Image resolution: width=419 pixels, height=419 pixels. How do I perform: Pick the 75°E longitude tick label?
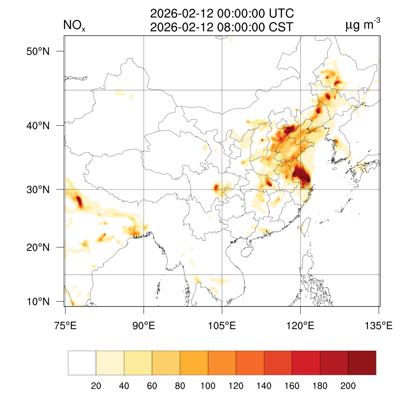coord(65,326)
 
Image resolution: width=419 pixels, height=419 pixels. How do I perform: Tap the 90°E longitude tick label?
coord(144,326)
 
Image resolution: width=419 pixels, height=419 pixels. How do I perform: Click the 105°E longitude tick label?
coord(222,326)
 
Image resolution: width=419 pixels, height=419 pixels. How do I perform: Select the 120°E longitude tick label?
coord(300,326)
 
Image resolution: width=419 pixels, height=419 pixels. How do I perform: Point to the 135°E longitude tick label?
coord(378,326)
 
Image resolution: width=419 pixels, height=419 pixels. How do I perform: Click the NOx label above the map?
coord(74,26)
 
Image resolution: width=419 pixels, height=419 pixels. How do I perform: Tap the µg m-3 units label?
coord(363,25)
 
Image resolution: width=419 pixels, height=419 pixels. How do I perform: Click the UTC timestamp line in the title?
coord(222,14)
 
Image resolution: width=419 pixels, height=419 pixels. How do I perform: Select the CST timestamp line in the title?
coord(222,27)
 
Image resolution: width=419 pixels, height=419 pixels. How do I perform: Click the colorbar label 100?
coord(208,386)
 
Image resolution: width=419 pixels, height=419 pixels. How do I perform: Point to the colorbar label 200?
coord(348,386)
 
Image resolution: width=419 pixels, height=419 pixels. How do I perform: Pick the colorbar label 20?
coord(96,386)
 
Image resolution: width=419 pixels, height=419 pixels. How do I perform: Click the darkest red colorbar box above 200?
coord(362,363)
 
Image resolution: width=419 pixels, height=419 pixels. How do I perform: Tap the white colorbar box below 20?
coord(82,363)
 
